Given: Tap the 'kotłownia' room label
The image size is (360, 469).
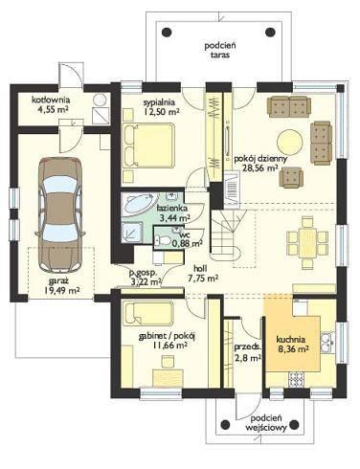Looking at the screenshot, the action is point(51,100).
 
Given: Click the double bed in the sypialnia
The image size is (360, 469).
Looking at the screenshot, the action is point(148,145).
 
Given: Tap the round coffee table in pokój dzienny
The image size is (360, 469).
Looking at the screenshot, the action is point(289,142).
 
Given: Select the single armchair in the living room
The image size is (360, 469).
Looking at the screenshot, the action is point(291,178).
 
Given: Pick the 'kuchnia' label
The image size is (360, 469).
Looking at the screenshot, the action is point(290,340).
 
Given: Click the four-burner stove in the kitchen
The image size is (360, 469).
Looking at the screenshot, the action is point(298,380).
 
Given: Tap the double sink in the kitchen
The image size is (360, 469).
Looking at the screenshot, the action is point(327,343).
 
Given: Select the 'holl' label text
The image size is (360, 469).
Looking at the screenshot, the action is point(200,268).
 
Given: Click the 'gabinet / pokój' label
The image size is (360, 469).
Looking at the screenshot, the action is point(167,336).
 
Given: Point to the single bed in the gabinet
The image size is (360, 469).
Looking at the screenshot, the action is point(148,313).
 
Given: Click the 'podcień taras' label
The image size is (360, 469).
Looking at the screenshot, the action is point(220,51).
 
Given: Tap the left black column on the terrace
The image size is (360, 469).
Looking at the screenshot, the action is point(167,32).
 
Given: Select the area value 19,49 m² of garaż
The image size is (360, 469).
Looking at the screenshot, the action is point(61,291).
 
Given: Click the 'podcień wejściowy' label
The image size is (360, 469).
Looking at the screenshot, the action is point(266,423).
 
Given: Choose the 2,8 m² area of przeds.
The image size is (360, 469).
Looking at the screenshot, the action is point(248,358).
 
